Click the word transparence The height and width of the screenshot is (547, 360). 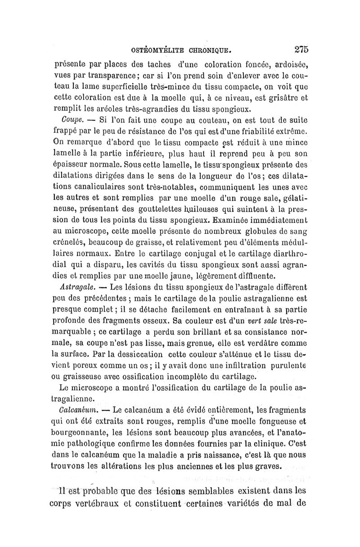pyautogui.click(x=97, y=75)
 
